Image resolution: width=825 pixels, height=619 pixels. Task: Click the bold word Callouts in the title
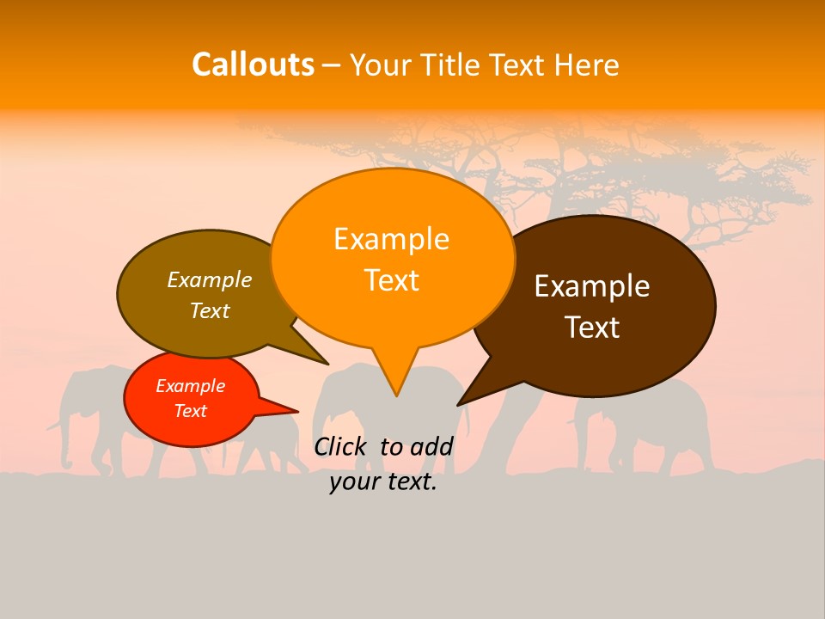253,64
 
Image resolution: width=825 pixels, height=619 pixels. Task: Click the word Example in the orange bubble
391,239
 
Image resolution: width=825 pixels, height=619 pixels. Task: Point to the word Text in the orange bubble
391,280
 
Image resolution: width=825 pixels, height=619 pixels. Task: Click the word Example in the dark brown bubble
592,286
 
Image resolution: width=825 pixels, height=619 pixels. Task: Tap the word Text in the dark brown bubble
592,328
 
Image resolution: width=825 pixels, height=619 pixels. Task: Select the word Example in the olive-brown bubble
210,279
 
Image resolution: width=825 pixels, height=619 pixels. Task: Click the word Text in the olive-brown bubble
210,310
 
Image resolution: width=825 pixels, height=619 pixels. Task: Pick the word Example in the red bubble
190,386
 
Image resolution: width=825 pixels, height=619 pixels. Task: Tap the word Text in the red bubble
190,411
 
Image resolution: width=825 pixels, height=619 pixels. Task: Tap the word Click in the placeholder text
342,446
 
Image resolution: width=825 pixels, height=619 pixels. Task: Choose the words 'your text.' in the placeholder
383,482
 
